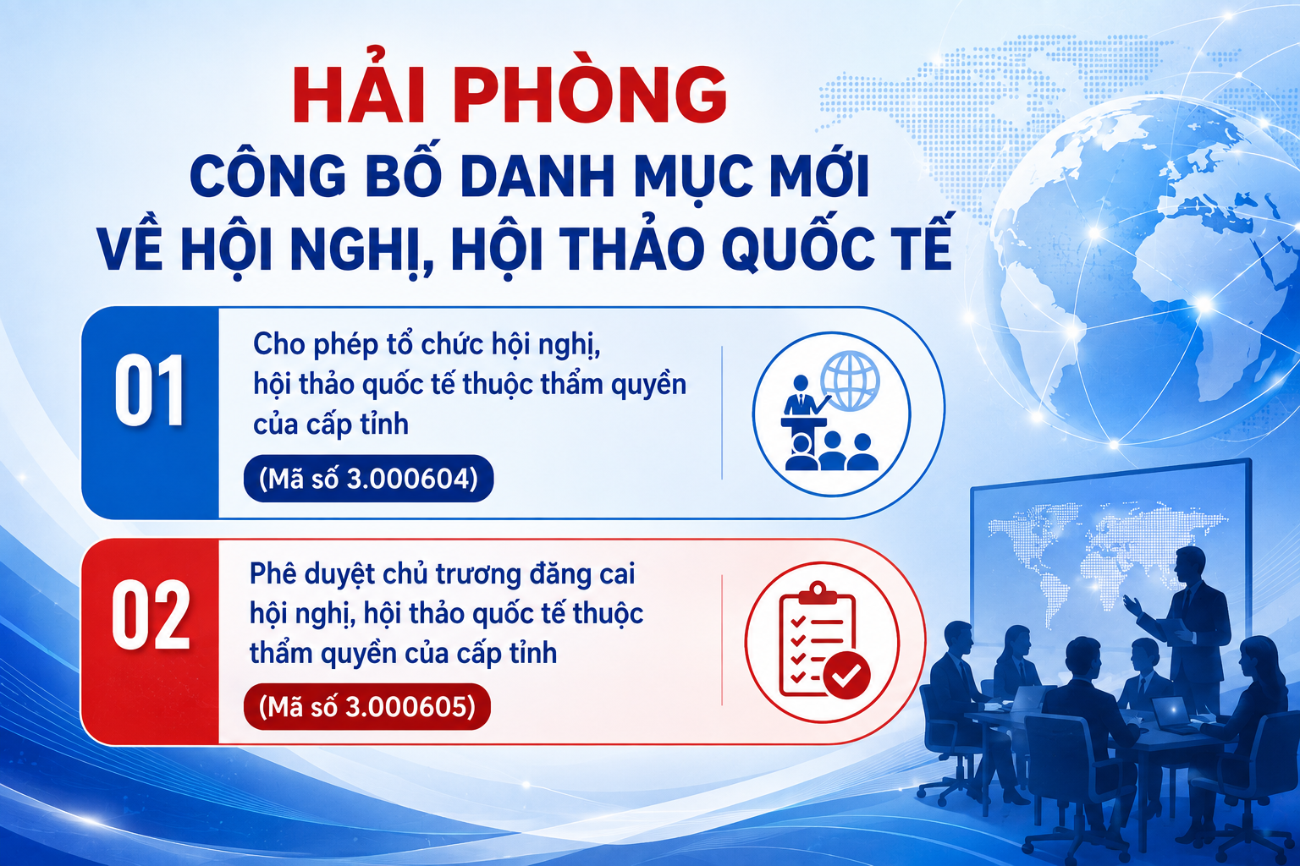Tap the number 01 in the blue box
150,391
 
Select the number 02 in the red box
151,615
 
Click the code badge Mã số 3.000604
368,480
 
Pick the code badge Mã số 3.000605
366,706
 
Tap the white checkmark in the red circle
846,675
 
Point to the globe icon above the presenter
850,381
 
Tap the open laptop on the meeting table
1172,714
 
